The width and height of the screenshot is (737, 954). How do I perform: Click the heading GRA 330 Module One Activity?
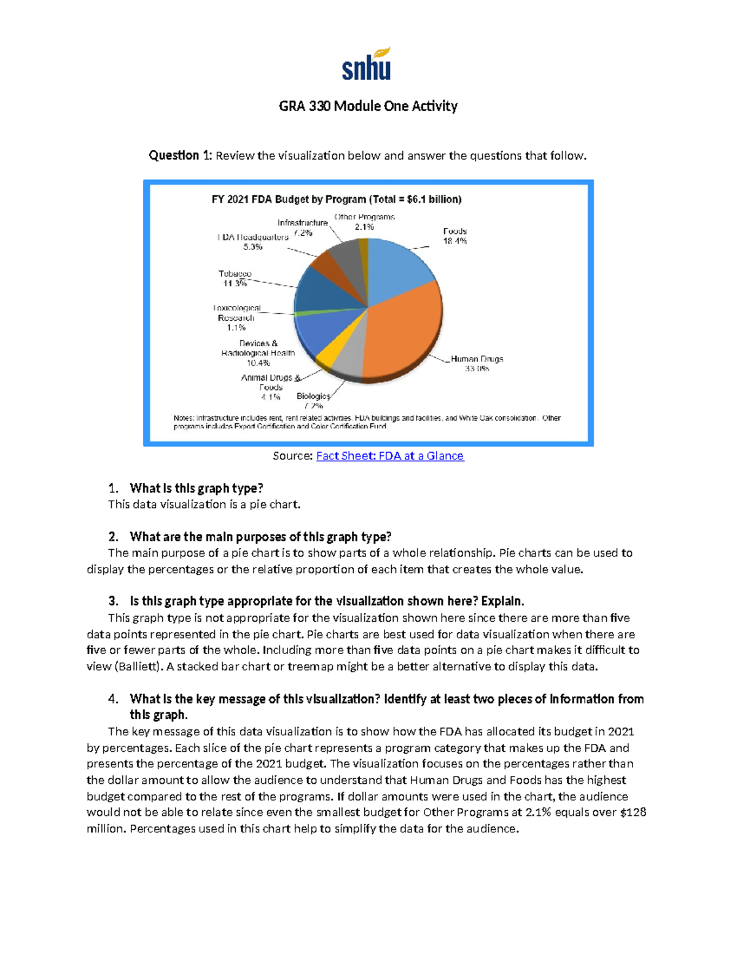(x=368, y=106)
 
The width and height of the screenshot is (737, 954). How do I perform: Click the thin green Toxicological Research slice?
(x=301, y=313)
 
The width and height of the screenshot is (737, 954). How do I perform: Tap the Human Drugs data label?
(x=477, y=363)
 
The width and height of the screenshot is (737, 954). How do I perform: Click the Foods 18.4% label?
(x=455, y=236)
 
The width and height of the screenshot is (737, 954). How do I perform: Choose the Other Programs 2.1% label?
(x=364, y=222)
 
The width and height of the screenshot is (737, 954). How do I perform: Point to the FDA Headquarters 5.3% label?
(x=253, y=241)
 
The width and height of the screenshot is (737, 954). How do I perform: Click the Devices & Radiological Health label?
(x=258, y=353)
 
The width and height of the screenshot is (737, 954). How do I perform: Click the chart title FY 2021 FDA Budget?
(x=337, y=200)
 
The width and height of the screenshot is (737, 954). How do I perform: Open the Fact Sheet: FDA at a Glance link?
(x=390, y=456)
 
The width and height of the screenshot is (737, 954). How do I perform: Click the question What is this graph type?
(x=197, y=488)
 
